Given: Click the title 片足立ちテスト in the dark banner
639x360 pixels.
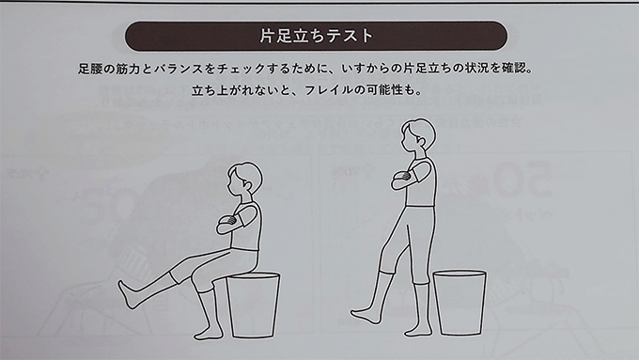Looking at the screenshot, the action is click(x=317, y=36).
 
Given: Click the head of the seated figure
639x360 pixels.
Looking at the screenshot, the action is click(x=244, y=180).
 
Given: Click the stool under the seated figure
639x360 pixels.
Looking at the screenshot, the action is click(x=253, y=305).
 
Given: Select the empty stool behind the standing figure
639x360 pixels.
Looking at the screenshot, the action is click(x=460, y=302).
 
